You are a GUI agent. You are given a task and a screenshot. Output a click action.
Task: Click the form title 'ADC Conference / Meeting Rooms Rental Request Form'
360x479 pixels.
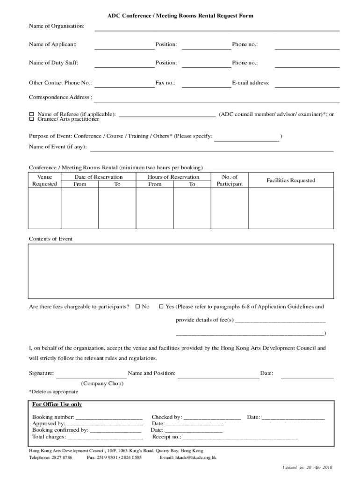(x=180, y=16)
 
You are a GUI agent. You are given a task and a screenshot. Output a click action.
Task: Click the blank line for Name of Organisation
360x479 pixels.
(x=217, y=29)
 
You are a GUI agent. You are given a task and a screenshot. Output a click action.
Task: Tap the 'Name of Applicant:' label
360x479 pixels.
(x=53, y=44)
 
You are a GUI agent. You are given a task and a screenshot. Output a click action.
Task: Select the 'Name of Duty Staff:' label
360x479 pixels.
(x=54, y=63)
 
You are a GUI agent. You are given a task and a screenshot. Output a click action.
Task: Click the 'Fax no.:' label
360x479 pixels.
(x=165, y=83)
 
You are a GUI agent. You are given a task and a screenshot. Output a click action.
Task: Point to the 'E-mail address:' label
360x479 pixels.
(x=251, y=83)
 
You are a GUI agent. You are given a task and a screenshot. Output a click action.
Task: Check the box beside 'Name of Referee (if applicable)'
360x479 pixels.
(x=32, y=114)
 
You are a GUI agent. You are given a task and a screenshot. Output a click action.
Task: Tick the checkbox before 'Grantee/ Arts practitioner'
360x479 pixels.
(x=32, y=119)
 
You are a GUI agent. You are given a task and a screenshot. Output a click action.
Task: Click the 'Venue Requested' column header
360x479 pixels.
(x=44, y=181)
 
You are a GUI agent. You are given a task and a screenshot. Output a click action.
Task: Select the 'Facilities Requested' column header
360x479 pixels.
(x=291, y=181)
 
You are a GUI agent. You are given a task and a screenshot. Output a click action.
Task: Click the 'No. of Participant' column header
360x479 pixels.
(x=230, y=181)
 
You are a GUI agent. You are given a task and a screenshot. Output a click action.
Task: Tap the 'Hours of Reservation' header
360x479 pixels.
(x=173, y=177)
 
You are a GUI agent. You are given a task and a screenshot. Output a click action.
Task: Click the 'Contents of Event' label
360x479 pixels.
(x=51, y=239)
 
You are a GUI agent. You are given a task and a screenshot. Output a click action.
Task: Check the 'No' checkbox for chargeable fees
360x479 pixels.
(x=137, y=307)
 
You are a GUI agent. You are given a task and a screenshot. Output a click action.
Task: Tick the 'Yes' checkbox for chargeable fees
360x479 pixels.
(x=161, y=307)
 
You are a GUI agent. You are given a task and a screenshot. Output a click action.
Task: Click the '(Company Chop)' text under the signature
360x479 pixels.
(x=102, y=384)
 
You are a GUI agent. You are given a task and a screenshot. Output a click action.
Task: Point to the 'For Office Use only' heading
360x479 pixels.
(x=57, y=405)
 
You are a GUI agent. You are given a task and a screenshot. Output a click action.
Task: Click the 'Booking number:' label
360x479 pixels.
(x=53, y=417)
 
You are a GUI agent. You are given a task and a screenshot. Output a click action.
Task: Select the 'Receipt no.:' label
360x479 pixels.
(x=166, y=437)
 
